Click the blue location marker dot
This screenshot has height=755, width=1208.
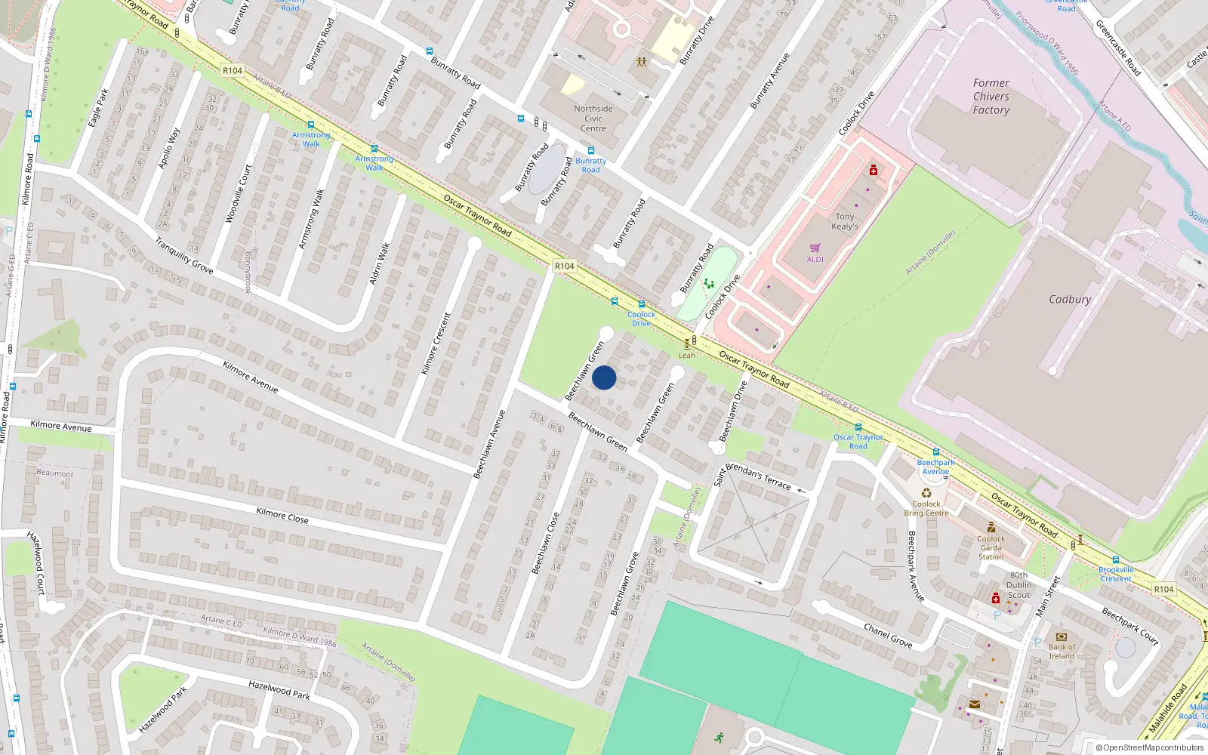pos(604,377)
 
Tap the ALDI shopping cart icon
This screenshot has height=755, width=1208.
pos(815,248)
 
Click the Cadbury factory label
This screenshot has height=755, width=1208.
pos(1069,300)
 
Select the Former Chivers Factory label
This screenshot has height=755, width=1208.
pos(991,97)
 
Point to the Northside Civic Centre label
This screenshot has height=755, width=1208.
pos(593,119)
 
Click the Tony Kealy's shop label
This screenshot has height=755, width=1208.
pos(845,221)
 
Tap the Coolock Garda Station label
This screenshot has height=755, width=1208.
pos(991,547)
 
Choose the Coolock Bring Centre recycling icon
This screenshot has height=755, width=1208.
pos(926,493)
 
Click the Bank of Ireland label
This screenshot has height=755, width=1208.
pos(1062,651)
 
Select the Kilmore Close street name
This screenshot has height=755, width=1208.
pos(282,515)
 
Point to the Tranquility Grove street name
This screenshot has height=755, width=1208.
pos(184,255)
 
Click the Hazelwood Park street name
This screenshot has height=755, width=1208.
pos(279,689)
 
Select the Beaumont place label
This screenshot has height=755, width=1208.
pos(55,473)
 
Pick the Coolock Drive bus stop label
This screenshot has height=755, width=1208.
pos(641,319)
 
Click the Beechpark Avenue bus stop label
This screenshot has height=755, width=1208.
pos(935,467)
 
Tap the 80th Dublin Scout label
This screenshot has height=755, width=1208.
pos(1018,585)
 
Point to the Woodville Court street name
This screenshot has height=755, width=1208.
pos(239,194)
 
